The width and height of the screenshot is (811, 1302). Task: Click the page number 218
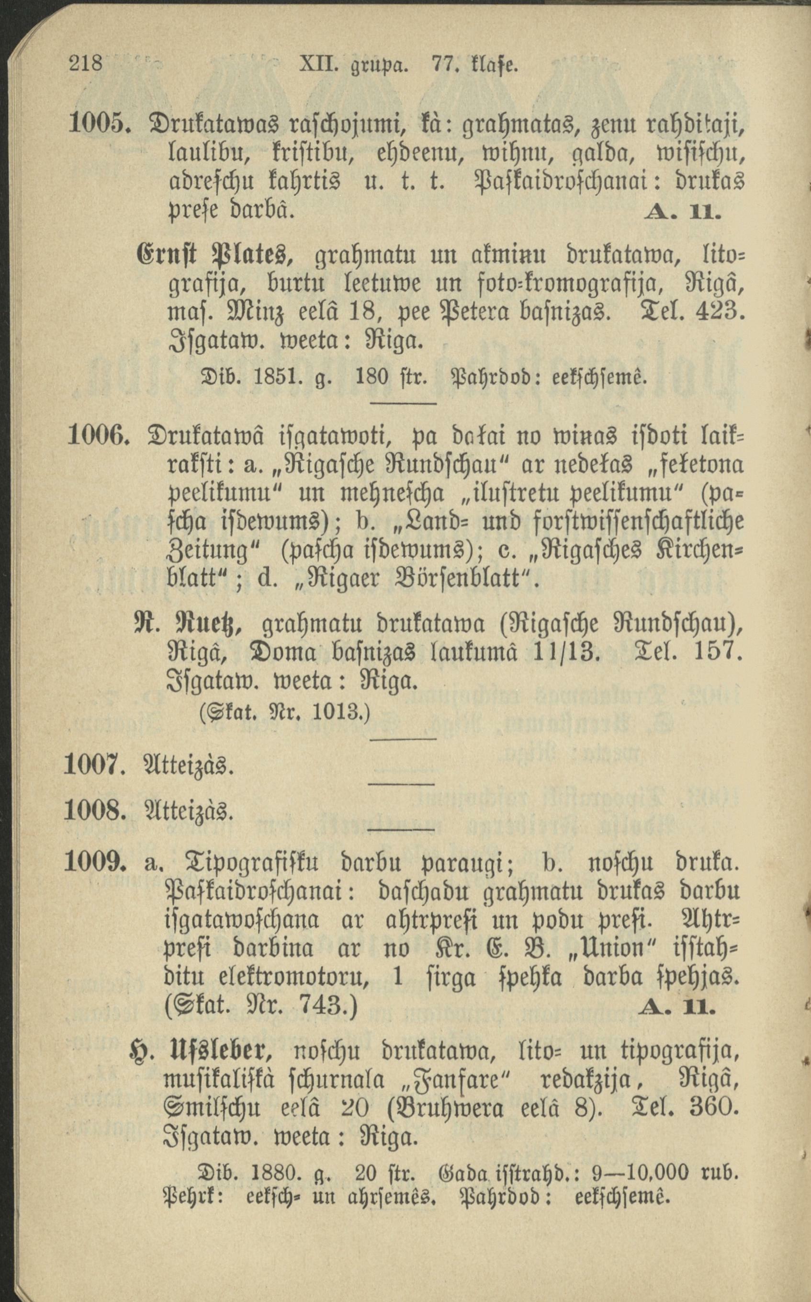[86, 64]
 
